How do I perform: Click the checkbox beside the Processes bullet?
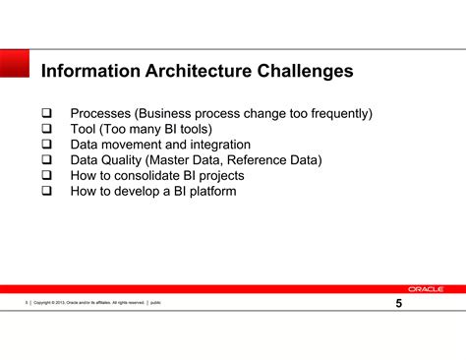tap(45, 114)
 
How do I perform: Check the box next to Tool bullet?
tap(45, 130)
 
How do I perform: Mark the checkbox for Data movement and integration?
tap(45, 145)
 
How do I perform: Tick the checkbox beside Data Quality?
tap(45, 160)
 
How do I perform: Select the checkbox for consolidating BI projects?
tap(45, 176)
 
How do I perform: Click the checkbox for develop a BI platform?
tap(45, 191)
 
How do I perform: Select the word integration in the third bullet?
tap(216, 145)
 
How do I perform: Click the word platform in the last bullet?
tap(208, 191)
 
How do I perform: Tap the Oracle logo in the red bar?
tap(426, 289)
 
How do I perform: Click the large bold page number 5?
tap(398, 303)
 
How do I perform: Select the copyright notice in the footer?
tap(88, 303)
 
